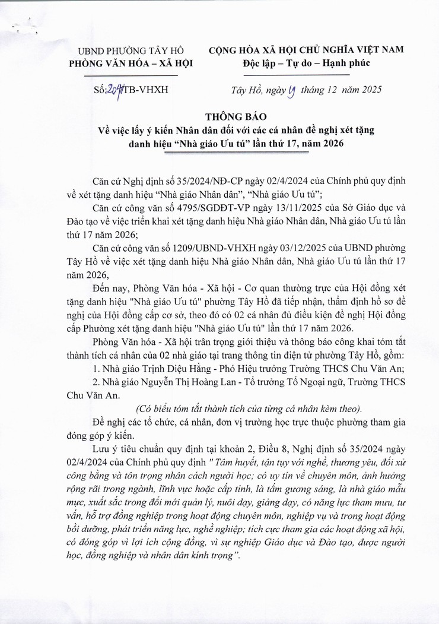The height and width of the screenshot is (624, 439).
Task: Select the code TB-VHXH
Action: coord(146,90)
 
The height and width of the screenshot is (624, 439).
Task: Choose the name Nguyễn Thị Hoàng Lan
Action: coord(188,382)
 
